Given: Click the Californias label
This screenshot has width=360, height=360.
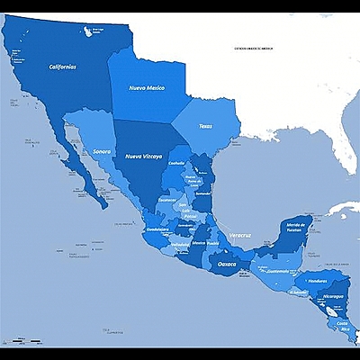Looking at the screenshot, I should coord(62,67).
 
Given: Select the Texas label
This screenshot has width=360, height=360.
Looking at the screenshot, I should coord(206,126).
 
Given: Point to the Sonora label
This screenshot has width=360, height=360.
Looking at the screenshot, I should coord(102,151).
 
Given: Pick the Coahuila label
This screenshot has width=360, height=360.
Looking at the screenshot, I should coord(175,163).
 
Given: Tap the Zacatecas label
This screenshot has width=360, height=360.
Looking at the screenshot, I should coord(167,200).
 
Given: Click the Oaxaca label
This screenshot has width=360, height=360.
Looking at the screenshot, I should coord(228,264).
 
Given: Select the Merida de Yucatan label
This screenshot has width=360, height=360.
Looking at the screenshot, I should coord(296,226).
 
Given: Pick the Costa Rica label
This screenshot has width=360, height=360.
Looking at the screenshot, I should coord(342,325).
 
